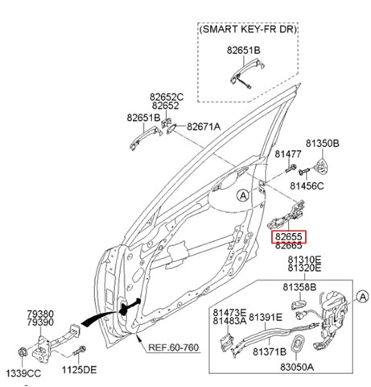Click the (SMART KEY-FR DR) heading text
249,29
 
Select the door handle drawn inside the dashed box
247,75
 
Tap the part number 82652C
167,97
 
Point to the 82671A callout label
204,127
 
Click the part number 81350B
323,144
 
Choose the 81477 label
288,154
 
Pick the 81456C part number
307,185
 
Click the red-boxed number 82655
289,237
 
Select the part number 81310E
304,260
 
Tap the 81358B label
299,287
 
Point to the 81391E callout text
266,318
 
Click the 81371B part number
270,352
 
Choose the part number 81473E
229,313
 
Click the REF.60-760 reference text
174,347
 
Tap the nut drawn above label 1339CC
22,352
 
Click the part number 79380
40,314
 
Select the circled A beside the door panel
243,195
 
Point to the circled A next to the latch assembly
363,297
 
